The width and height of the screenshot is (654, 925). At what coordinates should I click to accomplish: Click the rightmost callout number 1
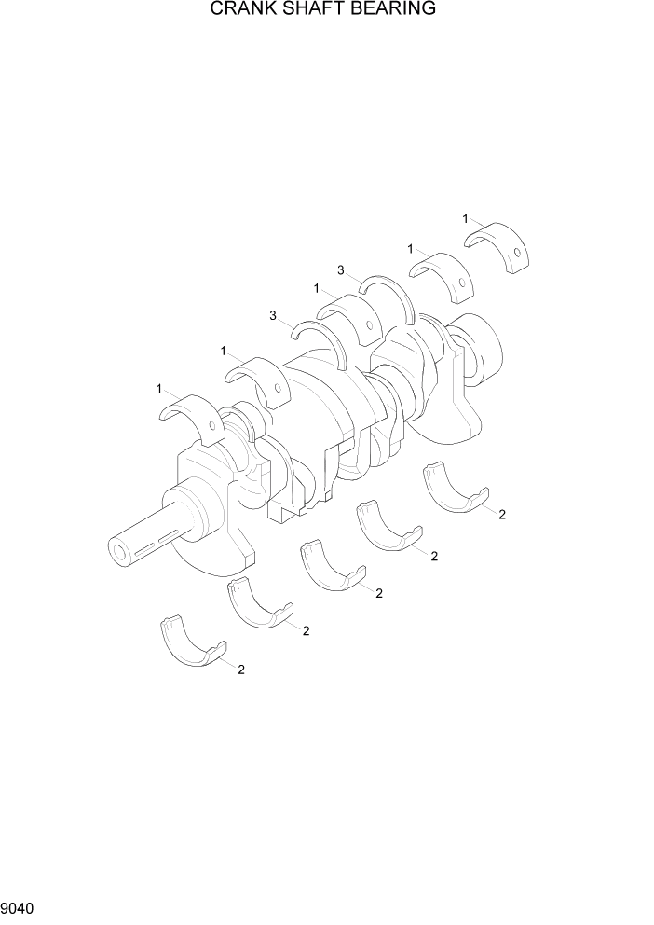pyautogui.click(x=466, y=218)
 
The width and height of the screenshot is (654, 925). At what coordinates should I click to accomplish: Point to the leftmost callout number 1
pyautogui.click(x=160, y=387)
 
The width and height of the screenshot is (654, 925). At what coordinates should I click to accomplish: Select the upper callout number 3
pyautogui.click(x=342, y=270)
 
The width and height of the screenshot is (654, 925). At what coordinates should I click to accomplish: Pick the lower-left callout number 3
pyautogui.click(x=273, y=316)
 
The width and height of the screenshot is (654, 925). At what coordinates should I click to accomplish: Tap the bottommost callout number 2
pyautogui.click(x=241, y=669)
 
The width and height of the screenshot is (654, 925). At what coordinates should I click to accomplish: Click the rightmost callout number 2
pyautogui.click(x=502, y=515)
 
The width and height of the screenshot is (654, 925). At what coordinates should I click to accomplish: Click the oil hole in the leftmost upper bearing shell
pyautogui.click(x=212, y=428)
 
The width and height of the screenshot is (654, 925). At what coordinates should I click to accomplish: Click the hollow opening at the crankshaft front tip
pyautogui.click(x=119, y=552)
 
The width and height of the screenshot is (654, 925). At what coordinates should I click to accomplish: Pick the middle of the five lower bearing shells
pyautogui.click(x=330, y=569)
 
